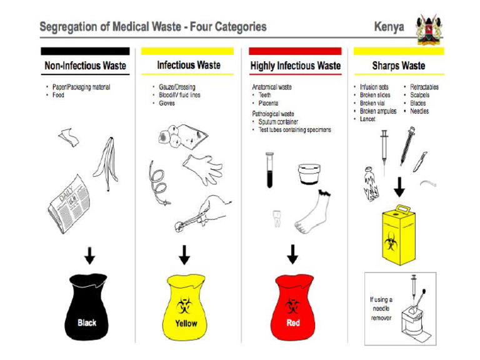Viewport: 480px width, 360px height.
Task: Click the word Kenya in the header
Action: (x=389, y=27)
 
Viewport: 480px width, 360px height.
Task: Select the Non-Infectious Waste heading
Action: (x=85, y=66)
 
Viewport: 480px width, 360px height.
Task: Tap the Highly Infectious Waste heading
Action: (x=295, y=66)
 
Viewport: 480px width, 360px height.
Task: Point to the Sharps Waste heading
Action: (x=398, y=66)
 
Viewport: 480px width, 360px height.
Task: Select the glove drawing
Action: (x=202, y=167)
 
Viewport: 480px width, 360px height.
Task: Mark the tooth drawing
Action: (x=276, y=218)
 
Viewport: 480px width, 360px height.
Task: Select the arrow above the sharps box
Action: (x=399, y=187)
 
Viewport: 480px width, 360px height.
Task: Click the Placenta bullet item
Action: (x=269, y=103)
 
